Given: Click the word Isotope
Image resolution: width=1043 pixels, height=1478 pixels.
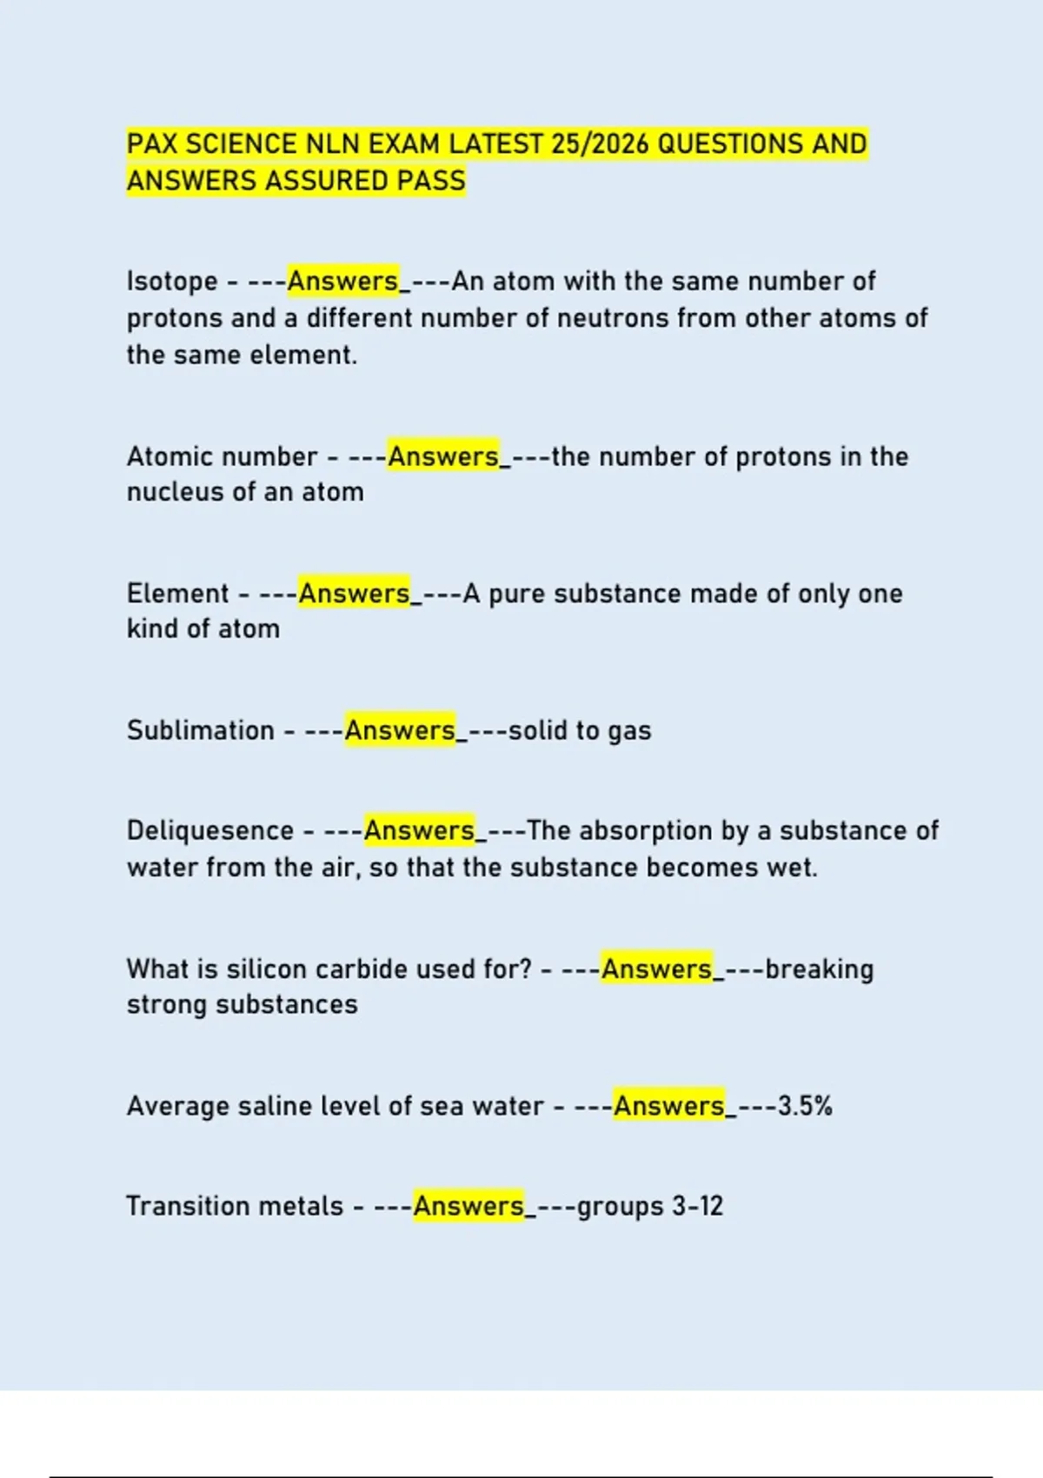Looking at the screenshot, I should click(172, 282).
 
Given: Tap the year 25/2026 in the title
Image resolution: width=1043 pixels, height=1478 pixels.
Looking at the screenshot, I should click(600, 143).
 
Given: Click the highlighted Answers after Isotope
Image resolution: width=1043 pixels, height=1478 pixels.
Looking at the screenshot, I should click(342, 282).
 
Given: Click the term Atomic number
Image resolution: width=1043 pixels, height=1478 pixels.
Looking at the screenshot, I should click(222, 456).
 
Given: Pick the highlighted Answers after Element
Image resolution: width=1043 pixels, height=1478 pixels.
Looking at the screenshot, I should click(354, 594).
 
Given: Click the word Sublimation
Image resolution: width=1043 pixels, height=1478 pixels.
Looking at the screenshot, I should click(201, 730).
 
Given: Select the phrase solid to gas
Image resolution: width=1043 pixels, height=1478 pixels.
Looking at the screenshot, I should click(580, 730).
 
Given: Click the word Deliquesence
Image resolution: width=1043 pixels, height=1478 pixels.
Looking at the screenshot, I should click(210, 831).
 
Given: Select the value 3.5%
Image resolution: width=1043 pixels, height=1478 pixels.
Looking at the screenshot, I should click(805, 1106).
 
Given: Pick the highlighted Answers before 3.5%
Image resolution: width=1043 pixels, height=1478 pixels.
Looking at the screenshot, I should click(668, 1106).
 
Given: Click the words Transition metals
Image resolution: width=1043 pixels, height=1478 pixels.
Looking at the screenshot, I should click(235, 1207).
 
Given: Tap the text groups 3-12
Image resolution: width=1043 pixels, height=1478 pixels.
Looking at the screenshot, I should click(649, 1207).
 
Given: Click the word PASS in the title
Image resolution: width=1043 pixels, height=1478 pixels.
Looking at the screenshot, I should click(431, 181).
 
